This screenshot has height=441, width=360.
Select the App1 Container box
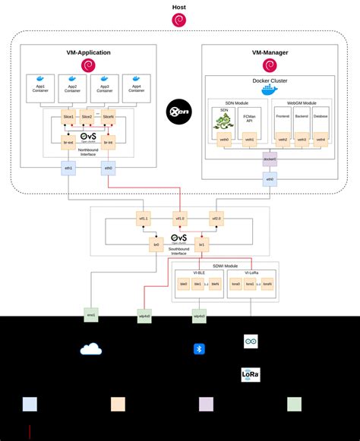41,89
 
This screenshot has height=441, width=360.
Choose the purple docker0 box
269,159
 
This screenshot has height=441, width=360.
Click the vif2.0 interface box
217,219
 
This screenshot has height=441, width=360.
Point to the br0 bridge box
156,245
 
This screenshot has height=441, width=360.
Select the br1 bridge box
202,245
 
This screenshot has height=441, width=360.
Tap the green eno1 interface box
91,313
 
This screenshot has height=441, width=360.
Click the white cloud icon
90,349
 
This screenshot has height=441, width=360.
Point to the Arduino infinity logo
251,342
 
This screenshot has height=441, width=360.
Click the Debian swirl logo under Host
179,20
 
